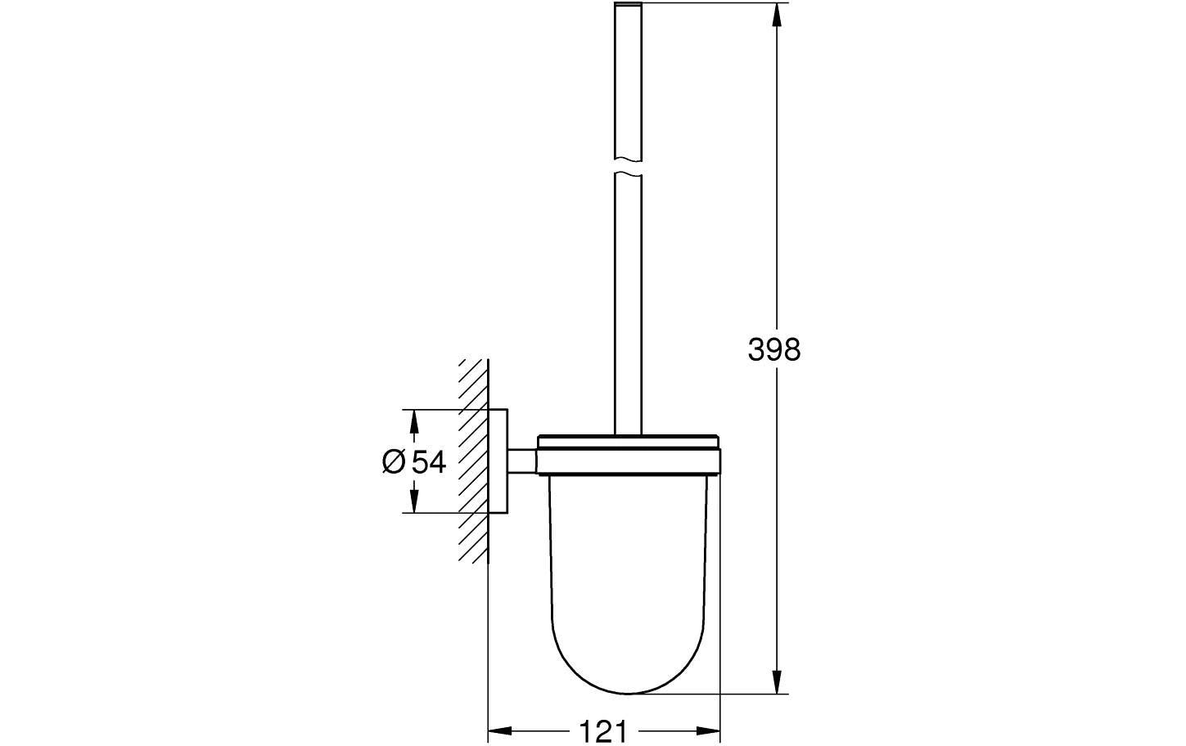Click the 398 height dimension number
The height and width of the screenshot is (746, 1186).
coord(773,350)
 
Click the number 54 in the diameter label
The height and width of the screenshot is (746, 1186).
coord(429,462)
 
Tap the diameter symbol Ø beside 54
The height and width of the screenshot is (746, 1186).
coord(393,462)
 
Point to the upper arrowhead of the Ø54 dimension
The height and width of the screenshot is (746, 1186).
coord(414,422)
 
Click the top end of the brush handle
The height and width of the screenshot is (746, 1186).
coord(628,7)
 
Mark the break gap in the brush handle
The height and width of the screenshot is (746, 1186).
coord(628,166)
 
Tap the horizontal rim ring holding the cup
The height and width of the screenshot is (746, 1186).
coord(628,460)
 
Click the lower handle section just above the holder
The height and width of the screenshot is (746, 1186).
coord(628,327)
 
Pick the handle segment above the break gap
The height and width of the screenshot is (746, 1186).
coord(628,82)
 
